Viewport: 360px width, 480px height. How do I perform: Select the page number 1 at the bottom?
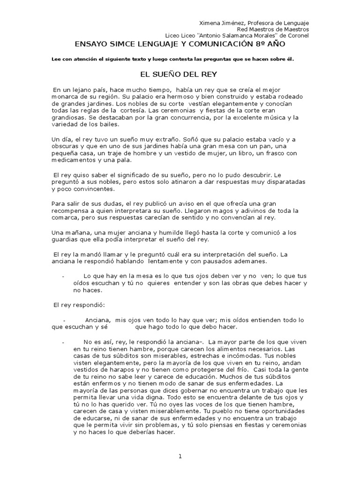point(180,457)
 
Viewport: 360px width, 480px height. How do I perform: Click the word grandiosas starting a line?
point(68,118)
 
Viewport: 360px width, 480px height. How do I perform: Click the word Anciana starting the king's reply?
point(97,320)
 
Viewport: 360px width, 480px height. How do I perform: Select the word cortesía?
point(134,110)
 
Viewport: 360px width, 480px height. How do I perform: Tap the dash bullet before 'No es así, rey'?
point(62,343)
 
